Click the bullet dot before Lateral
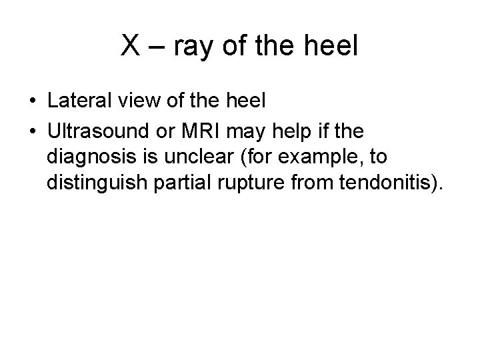(33, 102)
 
